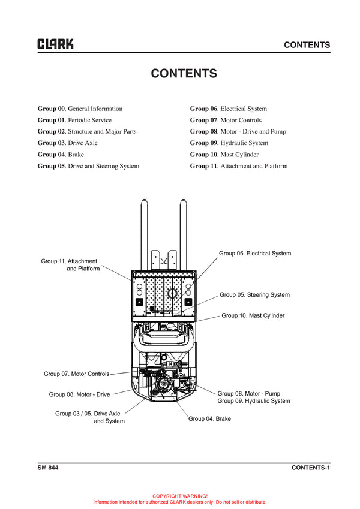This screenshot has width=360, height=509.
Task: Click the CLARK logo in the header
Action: [x=55, y=44]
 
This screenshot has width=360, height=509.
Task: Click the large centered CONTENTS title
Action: [x=184, y=74]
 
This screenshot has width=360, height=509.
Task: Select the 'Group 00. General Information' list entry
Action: [x=80, y=109]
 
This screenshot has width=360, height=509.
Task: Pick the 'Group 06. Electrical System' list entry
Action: [x=229, y=109]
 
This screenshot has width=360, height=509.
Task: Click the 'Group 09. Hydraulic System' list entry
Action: [x=229, y=143]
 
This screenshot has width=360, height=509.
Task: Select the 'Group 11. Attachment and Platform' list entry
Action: [x=239, y=166]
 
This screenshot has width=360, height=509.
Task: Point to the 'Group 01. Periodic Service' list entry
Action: [x=74, y=120]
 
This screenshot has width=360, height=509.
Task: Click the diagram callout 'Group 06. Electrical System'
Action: [x=254, y=254]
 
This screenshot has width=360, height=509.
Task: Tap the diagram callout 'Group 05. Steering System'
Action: [x=254, y=295]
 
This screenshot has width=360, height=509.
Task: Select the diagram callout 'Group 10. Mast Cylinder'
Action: [x=253, y=315]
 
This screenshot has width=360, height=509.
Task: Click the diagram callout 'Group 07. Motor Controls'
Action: [x=76, y=374]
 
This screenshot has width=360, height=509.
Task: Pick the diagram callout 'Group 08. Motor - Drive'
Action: [x=79, y=394]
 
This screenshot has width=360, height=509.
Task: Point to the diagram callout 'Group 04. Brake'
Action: [x=209, y=418]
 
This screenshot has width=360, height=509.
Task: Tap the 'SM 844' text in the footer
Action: [x=48, y=468]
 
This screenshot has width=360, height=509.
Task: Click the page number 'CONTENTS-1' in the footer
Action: [x=311, y=468]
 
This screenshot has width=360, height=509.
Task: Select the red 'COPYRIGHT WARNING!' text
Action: [x=180, y=496]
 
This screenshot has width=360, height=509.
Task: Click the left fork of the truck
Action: [x=144, y=234]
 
